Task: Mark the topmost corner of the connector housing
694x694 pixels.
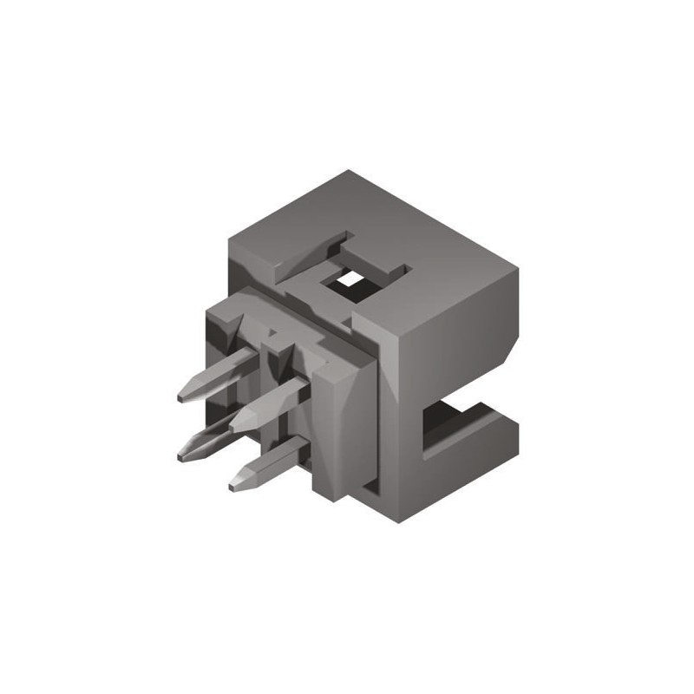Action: click(349, 171)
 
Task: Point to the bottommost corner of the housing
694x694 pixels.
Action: click(401, 521)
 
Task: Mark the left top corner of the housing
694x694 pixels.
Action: click(226, 239)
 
